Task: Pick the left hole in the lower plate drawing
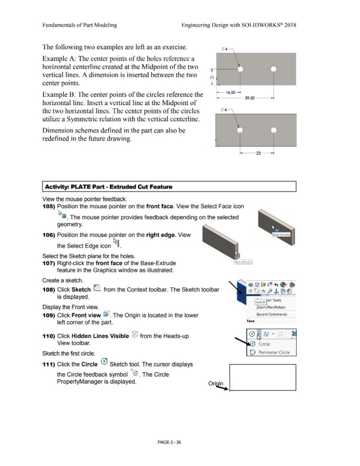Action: coord(240,130)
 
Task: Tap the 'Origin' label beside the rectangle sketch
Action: coord(214,384)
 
